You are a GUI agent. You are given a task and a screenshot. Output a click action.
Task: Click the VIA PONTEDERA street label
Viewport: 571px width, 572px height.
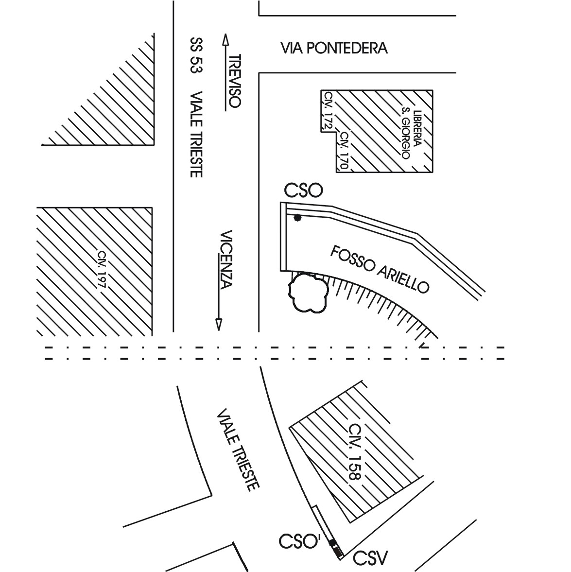pyautogui.click(x=334, y=48)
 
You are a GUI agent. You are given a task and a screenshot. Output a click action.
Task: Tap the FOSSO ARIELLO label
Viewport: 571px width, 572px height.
pyautogui.click(x=380, y=269)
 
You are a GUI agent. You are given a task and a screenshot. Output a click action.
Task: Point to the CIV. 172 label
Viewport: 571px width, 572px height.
pyautogui.click(x=329, y=110)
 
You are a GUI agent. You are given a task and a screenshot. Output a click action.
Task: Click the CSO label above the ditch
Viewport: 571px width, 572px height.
pyautogui.click(x=304, y=191)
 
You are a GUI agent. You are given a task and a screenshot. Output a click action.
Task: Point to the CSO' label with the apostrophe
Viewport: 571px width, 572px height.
pyautogui.click(x=299, y=542)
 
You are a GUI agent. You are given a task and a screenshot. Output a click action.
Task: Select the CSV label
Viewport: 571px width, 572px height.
pyautogui.click(x=370, y=558)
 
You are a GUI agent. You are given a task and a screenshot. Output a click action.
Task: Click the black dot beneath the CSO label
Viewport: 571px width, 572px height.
pyautogui.click(x=297, y=218)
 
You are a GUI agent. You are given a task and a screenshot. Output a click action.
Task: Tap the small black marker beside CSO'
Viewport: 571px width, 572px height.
pyautogui.click(x=333, y=543)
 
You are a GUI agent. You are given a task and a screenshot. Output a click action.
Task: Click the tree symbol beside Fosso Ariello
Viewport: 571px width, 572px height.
pyautogui.click(x=308, y=293)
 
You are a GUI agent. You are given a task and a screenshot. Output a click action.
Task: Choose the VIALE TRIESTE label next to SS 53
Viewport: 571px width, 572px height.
pyautogui.click(x=196, y=135)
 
